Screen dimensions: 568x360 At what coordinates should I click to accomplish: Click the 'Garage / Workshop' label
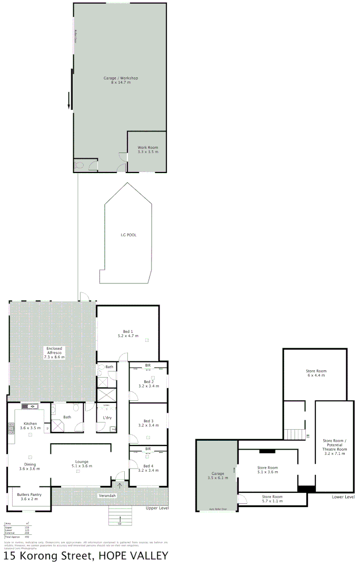(121, 78)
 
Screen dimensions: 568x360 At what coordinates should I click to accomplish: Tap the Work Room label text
(147, 148)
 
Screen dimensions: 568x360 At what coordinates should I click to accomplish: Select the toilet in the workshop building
(79, 165)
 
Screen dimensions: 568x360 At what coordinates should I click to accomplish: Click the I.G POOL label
(128, 235)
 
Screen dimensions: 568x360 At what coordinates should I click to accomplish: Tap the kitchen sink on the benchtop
(30, 406)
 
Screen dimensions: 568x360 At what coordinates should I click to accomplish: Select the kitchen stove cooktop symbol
(11, 428)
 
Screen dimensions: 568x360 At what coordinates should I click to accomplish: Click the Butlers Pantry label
(29, 494)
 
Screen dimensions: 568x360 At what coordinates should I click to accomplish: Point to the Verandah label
(107, 496)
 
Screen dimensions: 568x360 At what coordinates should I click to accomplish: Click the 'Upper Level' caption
(157, 509)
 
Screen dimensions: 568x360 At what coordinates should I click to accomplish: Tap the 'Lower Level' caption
(343, 496)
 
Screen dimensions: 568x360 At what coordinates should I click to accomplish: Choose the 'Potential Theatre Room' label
(334, 447)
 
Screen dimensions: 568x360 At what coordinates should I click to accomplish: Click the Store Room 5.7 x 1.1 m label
(269, 496)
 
